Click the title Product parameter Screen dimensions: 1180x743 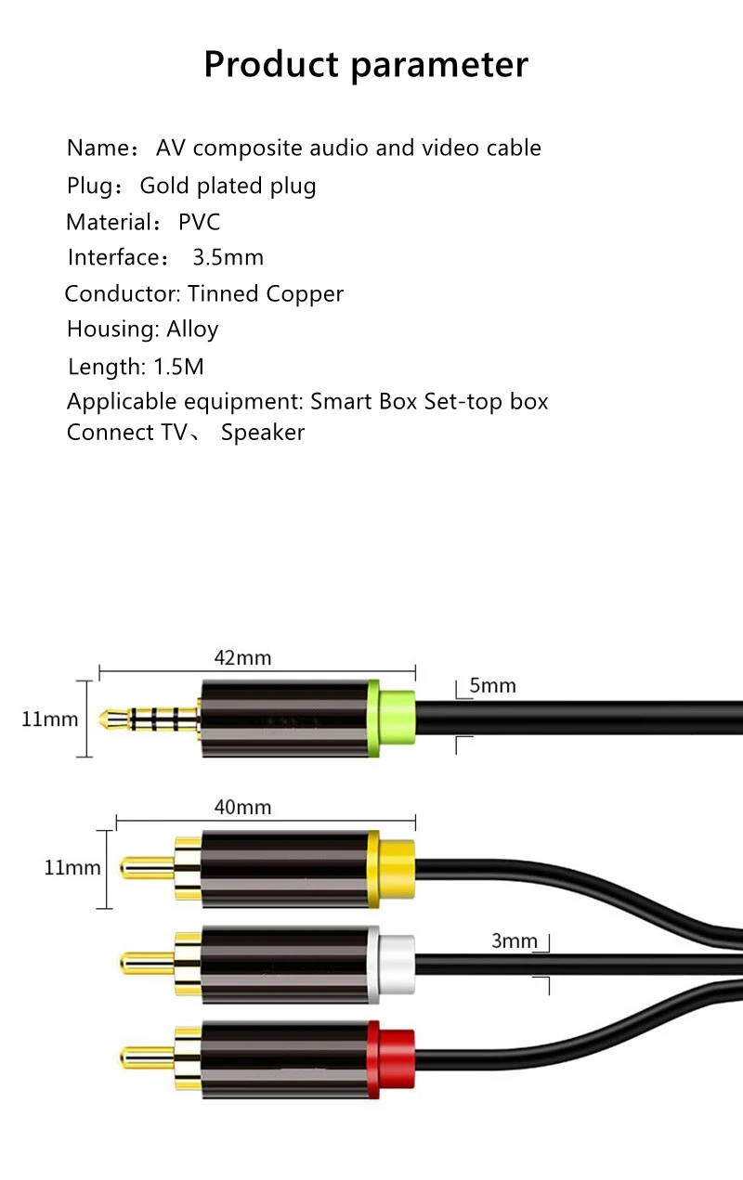(x=366, y=65)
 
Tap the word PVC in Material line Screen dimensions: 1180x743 (x=199, y=222)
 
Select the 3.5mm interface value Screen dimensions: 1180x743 (x=228, y=257)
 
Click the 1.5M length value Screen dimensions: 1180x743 (x=178, y=367)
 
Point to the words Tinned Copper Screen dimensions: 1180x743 (x=266, y=294)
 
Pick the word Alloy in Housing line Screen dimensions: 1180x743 (x=192, y=330)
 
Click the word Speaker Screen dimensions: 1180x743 (x=263, y=433)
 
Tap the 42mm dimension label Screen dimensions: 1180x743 (x=242, y=658)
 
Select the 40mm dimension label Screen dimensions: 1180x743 (x=242, y=807)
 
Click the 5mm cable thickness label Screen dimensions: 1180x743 (x=492, y=686)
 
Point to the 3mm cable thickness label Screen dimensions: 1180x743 (x=515, y=941)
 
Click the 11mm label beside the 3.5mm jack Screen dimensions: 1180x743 (x=50, y=719)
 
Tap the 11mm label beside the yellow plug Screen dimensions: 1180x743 (x=72, y=868)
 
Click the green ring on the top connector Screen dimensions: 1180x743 (x=392, y=718)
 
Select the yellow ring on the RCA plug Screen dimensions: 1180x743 (x=392, y=869)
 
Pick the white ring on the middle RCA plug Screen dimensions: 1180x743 (x=392, y=965)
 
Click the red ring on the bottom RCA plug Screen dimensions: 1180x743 (x=392, y=1059)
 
